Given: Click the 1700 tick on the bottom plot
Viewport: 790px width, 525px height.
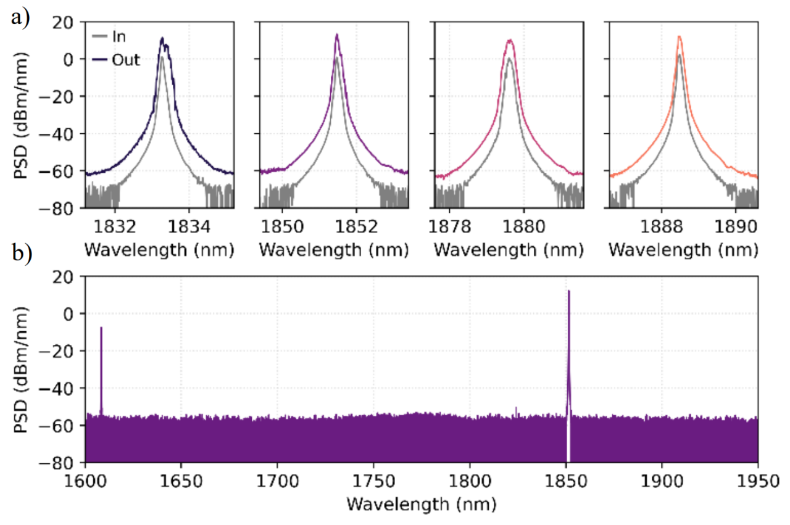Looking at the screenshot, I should click(x=277, y=478).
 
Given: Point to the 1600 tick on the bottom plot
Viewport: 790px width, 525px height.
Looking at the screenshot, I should click(x=85, y=478).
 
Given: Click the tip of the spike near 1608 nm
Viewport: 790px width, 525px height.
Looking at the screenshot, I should click(x=101, y=328).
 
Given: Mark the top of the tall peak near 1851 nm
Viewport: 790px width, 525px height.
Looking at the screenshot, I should click(x=568, y=291).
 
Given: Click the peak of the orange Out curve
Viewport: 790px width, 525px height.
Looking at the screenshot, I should click(x=679, y=36).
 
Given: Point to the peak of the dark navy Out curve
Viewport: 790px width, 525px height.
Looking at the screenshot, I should click(x=162, y=38).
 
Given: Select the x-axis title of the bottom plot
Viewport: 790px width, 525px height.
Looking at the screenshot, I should click(x=421, y=504).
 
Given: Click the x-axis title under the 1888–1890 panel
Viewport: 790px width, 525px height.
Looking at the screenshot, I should click(x=683, y=250).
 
